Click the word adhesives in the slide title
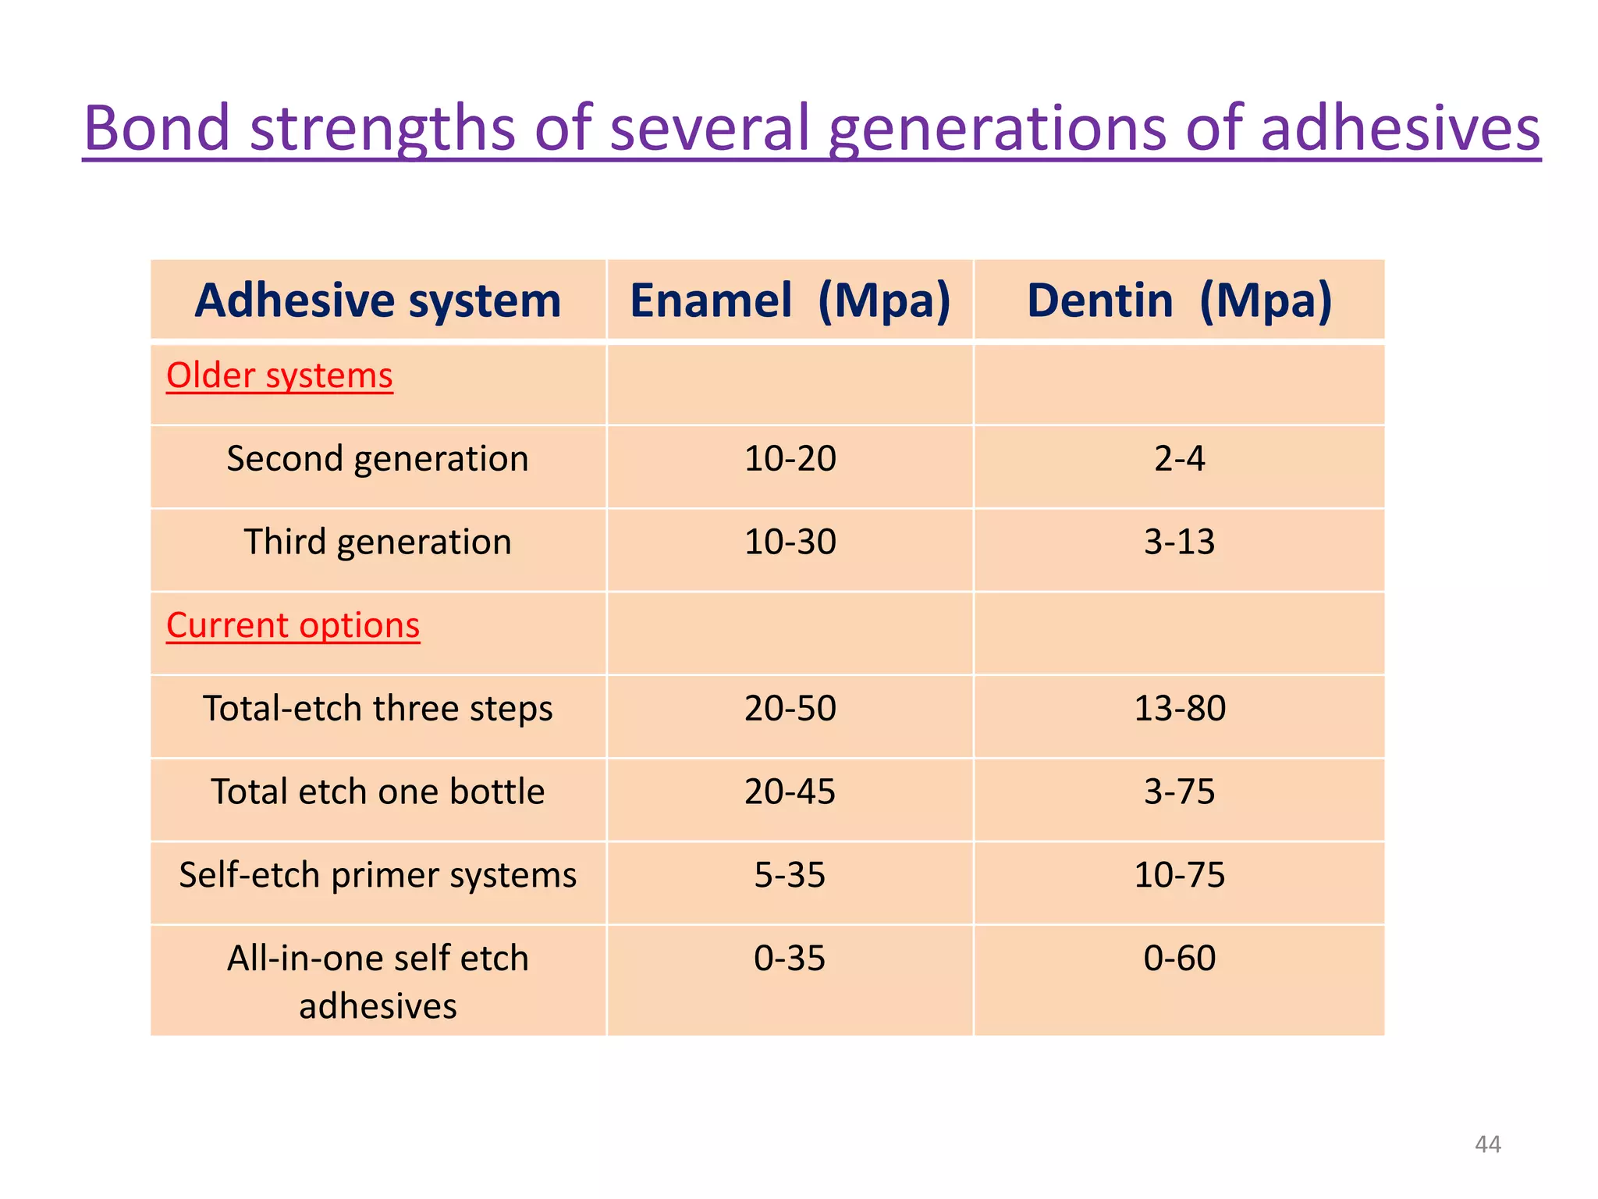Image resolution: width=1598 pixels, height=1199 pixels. coord(1400,128)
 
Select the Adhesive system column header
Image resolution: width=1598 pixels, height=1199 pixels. coord(378,301)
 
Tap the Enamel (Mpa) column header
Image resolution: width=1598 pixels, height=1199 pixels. coord(790,301)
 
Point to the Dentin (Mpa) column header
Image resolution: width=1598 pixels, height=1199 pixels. coord(1179,301)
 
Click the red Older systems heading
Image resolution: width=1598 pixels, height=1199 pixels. coord(279,375)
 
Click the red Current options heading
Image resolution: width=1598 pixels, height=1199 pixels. coord(293,625)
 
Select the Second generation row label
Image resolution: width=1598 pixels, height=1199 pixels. coord(378,458)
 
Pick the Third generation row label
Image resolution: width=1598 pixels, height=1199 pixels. coord(378,542)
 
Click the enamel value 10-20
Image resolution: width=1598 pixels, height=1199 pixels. coord(790,458)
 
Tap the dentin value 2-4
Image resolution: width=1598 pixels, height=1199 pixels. coord(1179,458)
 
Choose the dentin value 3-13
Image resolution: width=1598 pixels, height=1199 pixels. coord(1179,542)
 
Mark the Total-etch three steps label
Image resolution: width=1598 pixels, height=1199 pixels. coord(378,708)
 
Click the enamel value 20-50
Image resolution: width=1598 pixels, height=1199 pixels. coord(790,708)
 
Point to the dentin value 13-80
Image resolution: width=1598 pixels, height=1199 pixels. coord(1179,708)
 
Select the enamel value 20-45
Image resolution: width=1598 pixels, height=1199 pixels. coord(790,792)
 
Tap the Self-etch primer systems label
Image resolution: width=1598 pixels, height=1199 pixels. coord(378,875)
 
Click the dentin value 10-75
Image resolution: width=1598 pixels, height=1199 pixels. coord(1179,875)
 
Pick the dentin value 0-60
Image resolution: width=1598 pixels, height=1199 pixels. coord(1179,958)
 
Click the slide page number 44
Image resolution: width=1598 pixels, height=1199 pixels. coord(1487,1144)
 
